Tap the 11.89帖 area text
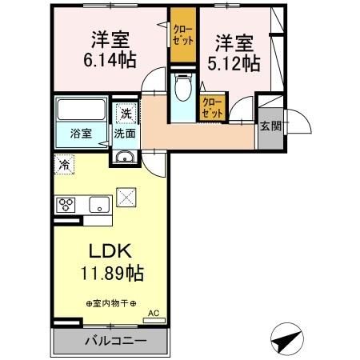pos(111,274)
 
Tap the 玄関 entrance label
pos(270,126)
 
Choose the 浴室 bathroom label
pos(79,134)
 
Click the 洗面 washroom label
pos(124,134)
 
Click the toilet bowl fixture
pos(183,87)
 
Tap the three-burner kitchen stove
pos(66,203)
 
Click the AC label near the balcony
pos(154,313)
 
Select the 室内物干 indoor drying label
pos(111,303)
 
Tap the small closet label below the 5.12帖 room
pos(212,106)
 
